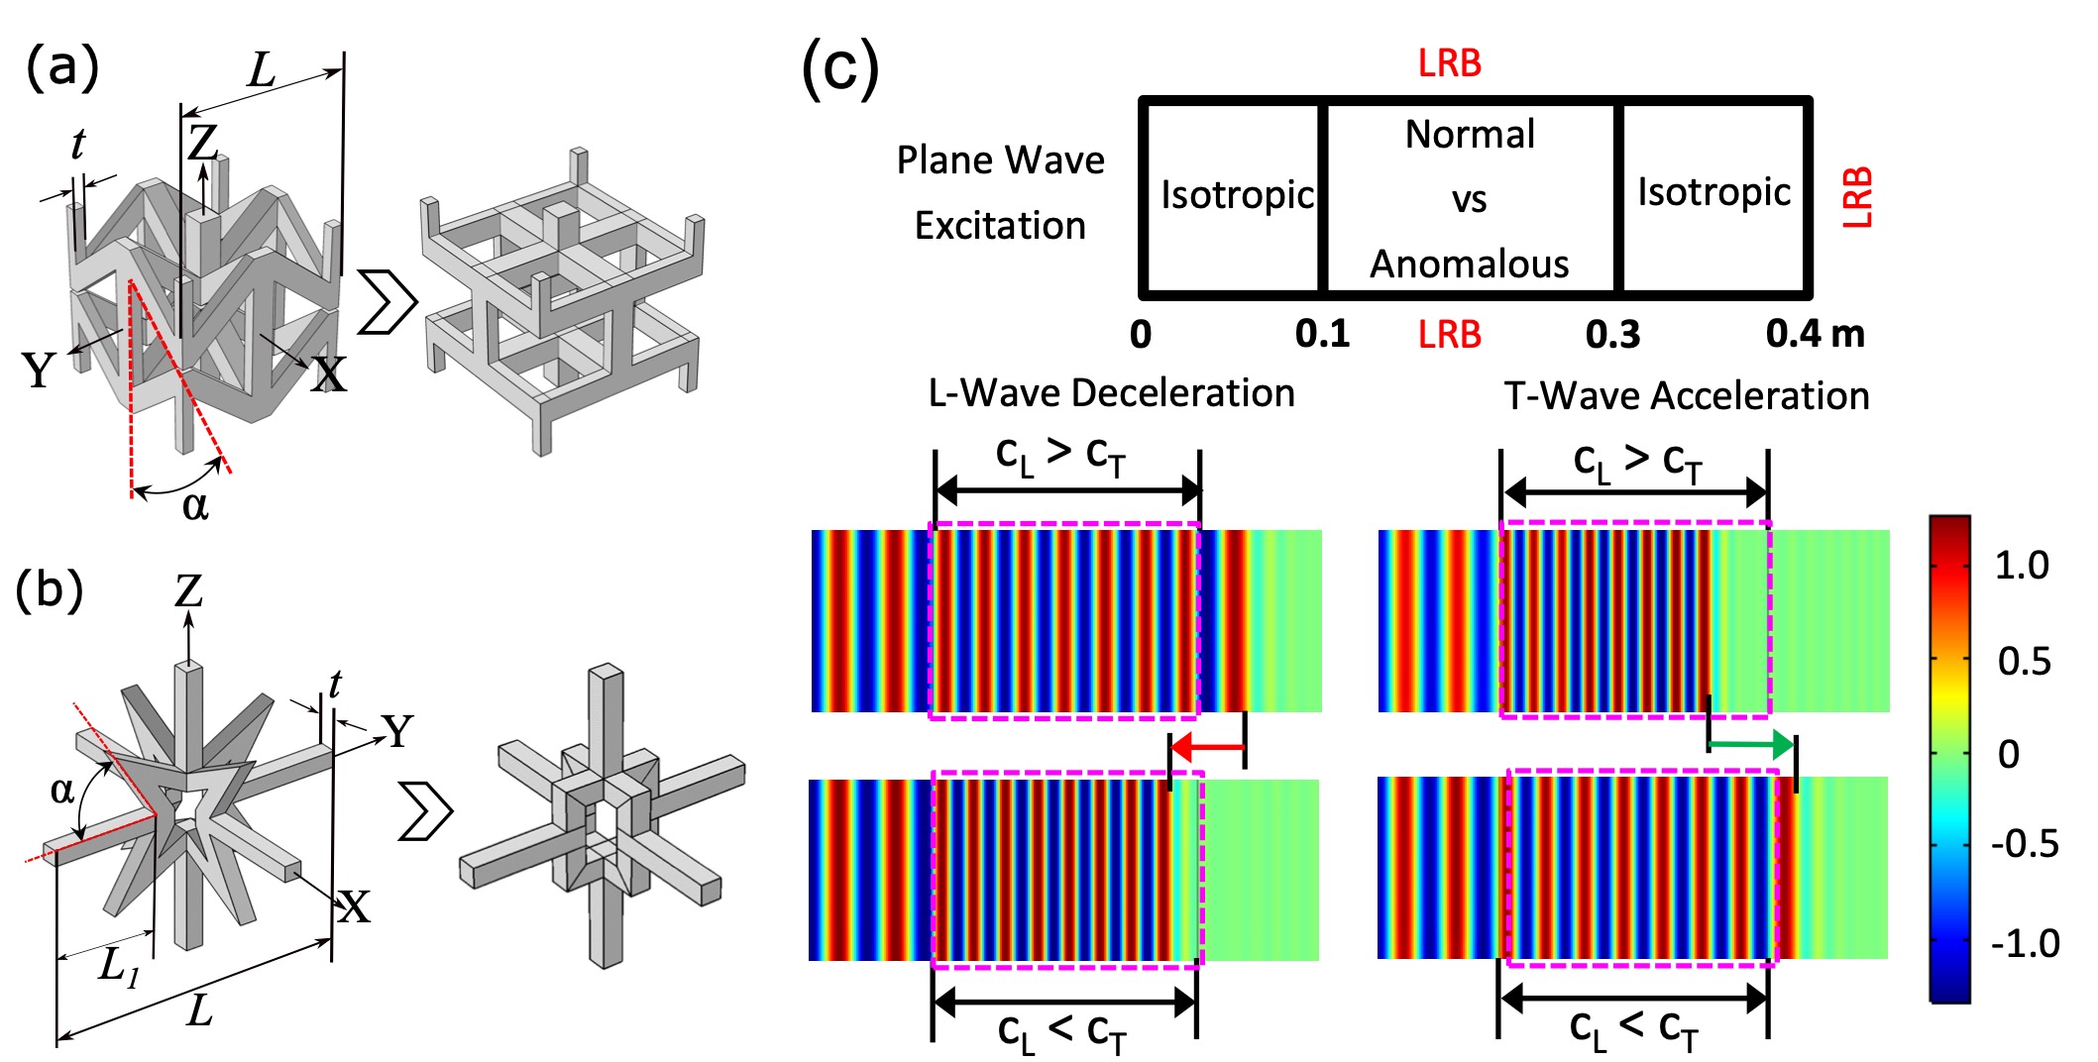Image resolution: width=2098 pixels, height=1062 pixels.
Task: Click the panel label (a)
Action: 62,69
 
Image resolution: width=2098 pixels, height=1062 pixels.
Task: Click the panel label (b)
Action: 49,591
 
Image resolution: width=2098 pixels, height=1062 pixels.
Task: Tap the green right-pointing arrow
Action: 1751,744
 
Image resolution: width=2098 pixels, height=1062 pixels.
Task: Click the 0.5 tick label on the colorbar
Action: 2024,661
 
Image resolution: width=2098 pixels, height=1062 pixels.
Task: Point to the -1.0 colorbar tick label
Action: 2026,943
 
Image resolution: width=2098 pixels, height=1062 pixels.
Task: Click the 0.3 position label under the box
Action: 1612,335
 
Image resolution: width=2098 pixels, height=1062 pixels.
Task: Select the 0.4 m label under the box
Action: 1815,334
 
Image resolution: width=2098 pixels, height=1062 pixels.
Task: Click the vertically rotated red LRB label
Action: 1857,198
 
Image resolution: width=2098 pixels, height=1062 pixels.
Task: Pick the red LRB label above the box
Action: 1449,63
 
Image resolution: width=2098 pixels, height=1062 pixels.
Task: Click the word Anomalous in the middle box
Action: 1469,265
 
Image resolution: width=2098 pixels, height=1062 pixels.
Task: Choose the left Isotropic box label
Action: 1237,194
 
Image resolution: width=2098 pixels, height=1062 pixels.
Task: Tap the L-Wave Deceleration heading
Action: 1111,393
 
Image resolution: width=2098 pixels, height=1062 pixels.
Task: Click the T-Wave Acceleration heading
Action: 1686,396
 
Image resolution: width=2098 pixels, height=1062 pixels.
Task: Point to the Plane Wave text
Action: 1000,160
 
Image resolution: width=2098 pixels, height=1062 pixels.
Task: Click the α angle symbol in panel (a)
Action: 195,505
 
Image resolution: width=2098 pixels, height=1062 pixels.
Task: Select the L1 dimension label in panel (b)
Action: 119,965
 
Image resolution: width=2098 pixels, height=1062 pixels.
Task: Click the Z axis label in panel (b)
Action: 188,591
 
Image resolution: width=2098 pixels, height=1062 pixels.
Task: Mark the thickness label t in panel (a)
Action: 77,146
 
